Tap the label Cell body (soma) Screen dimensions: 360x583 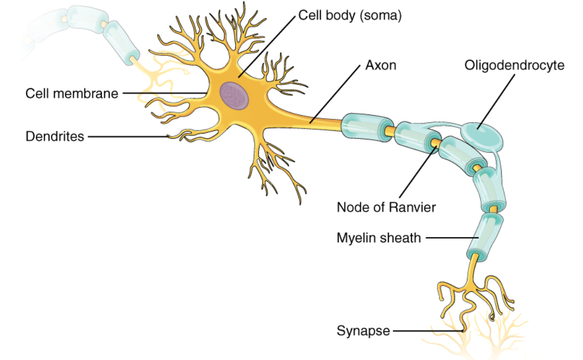350,15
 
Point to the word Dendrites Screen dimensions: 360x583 55,137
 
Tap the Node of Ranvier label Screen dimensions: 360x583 386,207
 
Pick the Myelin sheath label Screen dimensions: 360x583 379,238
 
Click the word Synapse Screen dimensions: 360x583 363,331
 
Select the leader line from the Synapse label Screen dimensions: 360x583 427,331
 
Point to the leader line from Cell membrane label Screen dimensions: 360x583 164,93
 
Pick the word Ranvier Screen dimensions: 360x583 415,207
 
